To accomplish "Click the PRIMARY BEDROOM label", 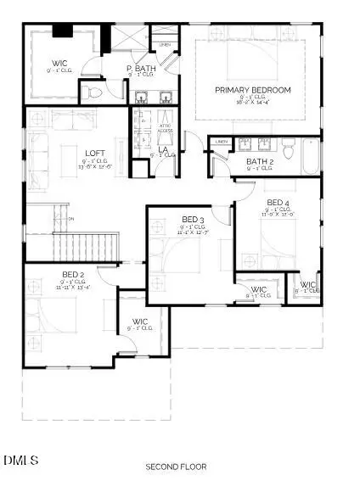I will tap(252, 90).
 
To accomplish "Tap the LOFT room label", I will tap(94, 154).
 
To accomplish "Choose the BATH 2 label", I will tap(259, 161).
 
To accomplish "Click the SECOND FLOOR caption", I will tap(176, 467).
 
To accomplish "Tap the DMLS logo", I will tap(21, 460).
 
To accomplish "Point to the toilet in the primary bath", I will tap(94, 93).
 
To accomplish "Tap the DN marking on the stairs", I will tap(71, 219).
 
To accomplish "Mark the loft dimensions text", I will tap(94, 168).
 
